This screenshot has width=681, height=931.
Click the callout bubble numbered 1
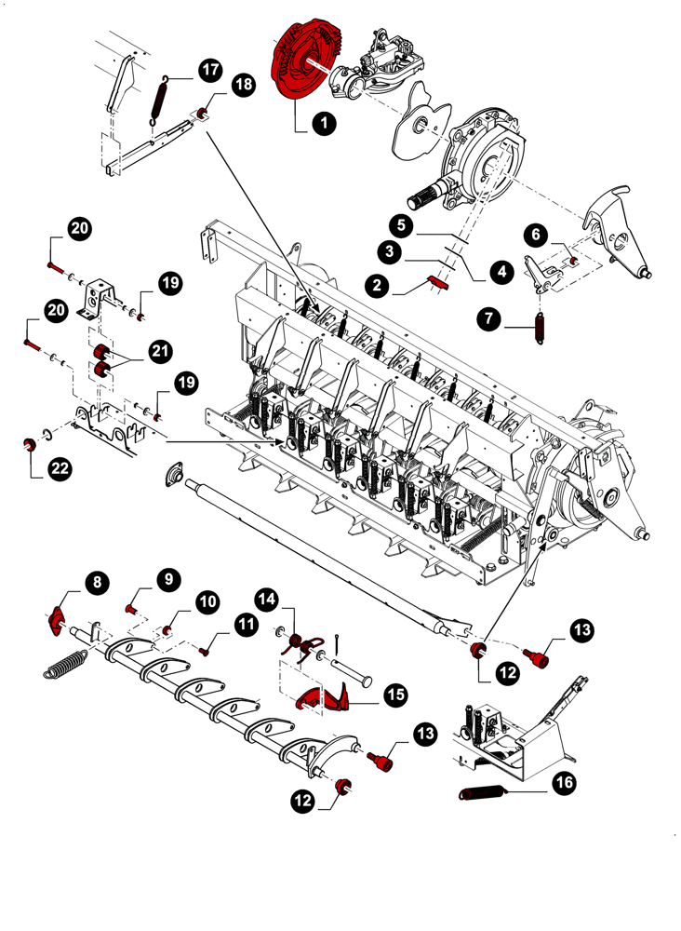pos(324,122)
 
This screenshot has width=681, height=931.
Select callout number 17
pos(209,69)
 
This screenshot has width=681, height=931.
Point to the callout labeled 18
pos(243,85)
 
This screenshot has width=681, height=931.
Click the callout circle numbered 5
pos(400,224)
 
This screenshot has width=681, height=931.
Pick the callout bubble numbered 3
pos(390,250)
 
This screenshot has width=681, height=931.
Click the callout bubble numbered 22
pos(60,468)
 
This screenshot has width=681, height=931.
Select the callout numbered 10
pos(207,600)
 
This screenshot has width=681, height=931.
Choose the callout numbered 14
pos(269,598)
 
